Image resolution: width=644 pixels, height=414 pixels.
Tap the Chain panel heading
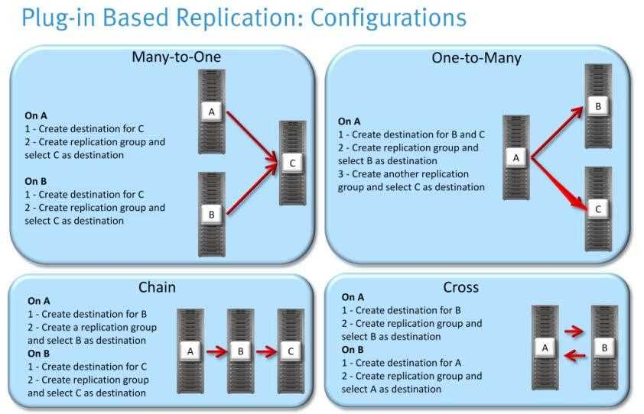coord(157,287)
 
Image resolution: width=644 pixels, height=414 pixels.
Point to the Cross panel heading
coord(460,287)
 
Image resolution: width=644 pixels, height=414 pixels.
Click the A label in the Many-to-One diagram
coord(212,112)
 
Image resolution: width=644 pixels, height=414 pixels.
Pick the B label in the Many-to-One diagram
coord(212,215)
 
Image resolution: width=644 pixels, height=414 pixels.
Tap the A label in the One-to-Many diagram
coord(516,157)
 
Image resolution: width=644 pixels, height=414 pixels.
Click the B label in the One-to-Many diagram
coord(598,106)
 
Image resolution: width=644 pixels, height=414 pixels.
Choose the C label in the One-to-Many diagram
coord(598,209)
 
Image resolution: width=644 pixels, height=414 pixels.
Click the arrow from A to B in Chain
coord(217,352)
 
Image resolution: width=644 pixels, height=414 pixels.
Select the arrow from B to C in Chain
coord(267,352)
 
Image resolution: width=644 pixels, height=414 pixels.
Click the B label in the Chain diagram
coord(240,351)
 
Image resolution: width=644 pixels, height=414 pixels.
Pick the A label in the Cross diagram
coord(545,348)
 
